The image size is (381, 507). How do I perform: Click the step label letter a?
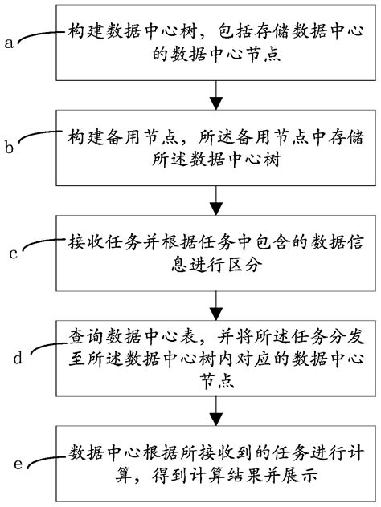(x=10, y=43)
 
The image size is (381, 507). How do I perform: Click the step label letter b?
(x=10, y=148)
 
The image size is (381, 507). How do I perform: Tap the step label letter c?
(x=13, y=253)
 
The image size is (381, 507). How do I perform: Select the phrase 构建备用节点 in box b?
(x=109, y=133)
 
